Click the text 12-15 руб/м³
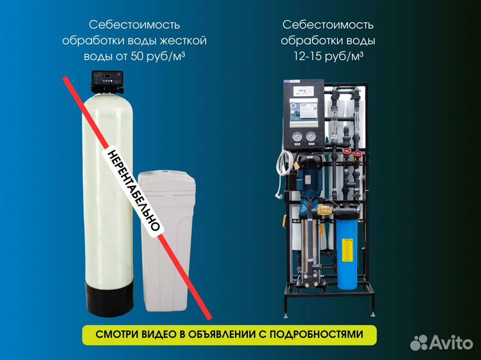tap(328, 57)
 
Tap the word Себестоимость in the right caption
tap(328, 25)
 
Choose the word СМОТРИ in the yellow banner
tap(113, 335)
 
